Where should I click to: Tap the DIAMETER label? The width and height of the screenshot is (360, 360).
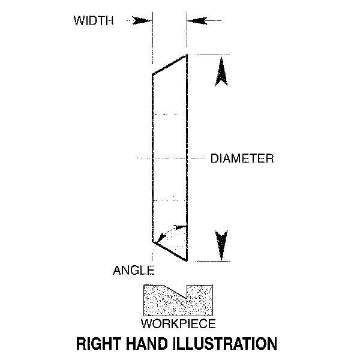[242, 159]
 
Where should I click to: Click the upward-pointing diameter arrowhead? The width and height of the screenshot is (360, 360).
[221, 72]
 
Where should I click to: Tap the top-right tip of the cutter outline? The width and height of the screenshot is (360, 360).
[188, 55]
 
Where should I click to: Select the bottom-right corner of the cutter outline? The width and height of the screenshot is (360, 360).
[188, 262]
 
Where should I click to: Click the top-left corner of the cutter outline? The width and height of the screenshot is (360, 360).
[152, 76]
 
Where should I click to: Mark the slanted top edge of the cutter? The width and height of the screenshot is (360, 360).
[170, 65]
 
